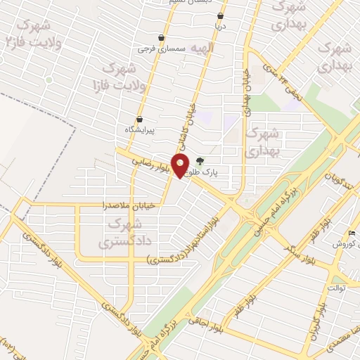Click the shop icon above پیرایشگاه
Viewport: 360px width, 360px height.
click(139, 119)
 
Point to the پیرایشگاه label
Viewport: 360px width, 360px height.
click(139, 130)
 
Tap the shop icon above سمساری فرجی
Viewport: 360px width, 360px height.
click(162, 38)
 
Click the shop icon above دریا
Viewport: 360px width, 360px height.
click(221, 15)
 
